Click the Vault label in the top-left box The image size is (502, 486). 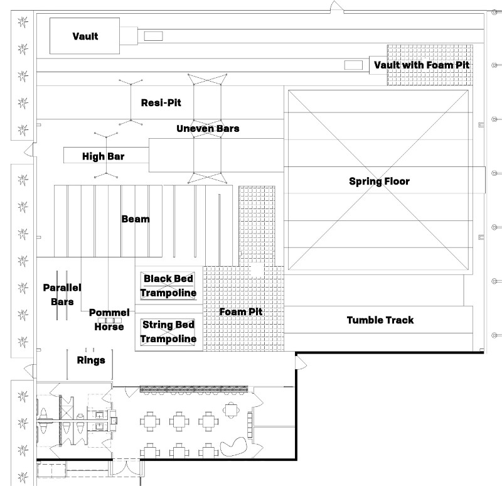click(85, 36)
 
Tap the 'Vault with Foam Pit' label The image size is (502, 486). click(422, 65)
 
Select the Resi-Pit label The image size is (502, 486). click(161, 102)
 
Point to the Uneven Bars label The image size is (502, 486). click(208, 129)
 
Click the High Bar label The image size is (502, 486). click(103, 156)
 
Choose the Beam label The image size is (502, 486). click(136, 219)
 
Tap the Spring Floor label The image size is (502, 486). click(379, 181)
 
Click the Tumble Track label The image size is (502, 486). click(380, 320)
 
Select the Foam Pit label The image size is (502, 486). click(241, 311)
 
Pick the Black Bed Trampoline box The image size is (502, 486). click(168, 286)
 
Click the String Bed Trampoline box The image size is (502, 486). click(168, 332)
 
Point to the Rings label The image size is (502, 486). click(91, 360)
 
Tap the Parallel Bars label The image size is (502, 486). click(62, 294)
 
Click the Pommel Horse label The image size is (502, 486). click(109, 320)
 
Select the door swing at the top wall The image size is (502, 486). click(337, 7)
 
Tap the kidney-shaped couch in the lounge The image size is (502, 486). click(233, 446)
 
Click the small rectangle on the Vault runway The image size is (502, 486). click(153, 36)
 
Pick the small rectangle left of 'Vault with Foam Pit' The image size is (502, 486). click(353, 65)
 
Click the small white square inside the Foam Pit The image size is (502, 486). click(257, 270)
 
